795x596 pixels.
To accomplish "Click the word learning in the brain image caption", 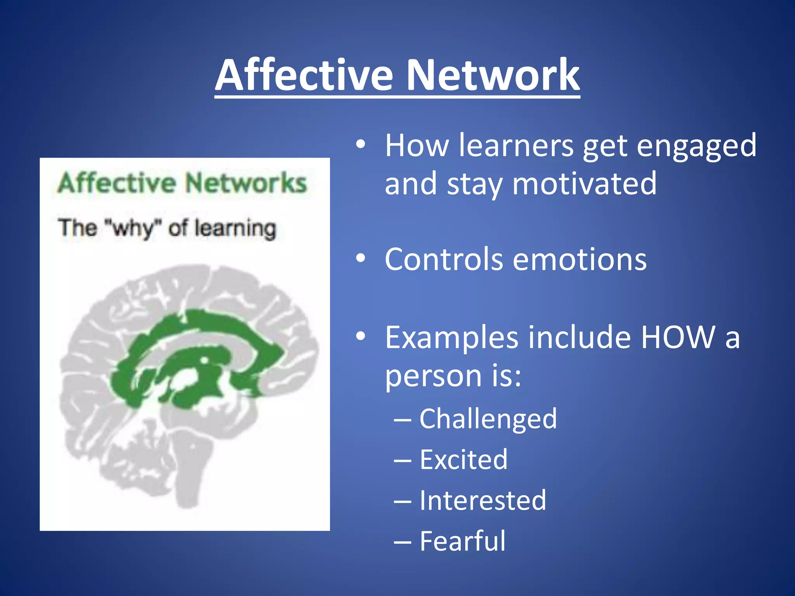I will tap(235, 229).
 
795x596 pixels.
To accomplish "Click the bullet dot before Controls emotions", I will tap(361, 259).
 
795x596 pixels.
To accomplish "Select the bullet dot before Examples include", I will tap(361, 336).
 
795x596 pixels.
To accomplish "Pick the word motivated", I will tap(584, 184).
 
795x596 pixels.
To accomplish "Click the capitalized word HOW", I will tap(677, 337).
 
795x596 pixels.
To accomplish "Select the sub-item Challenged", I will tap(488, 419).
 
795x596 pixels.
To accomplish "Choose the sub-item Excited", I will tap(463, 459).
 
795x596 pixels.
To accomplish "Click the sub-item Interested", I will tap(483, 500).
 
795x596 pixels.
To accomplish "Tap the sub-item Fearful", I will tap(462, 541).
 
